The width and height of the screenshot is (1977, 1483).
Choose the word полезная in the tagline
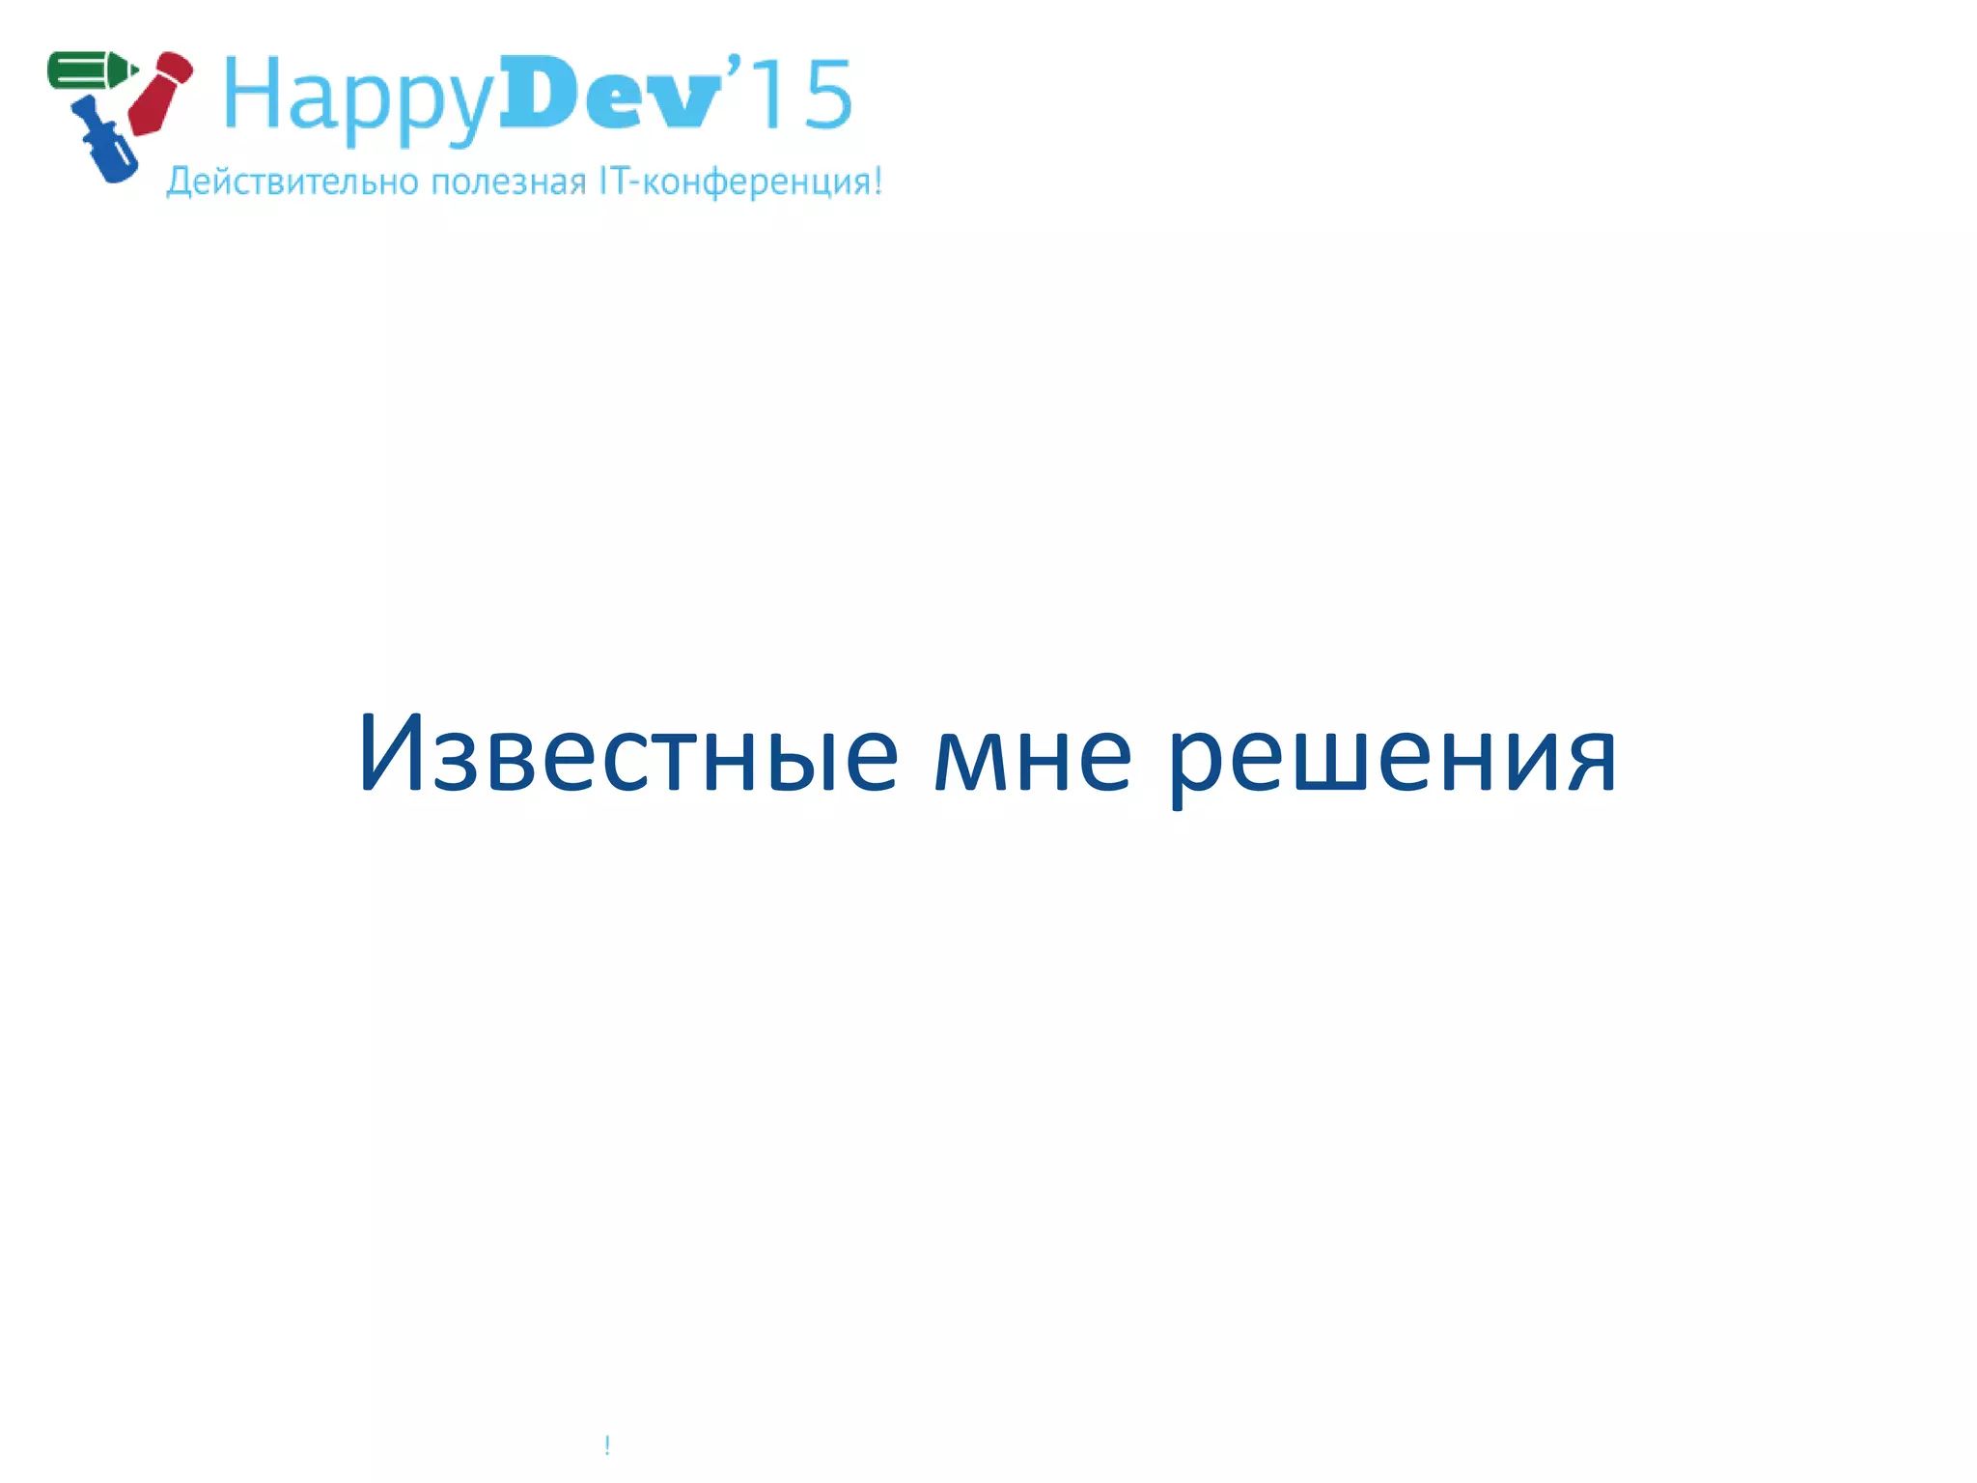(509, 182)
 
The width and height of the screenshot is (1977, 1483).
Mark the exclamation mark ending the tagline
(877, 181)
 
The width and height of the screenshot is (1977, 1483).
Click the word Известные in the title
(627, 754)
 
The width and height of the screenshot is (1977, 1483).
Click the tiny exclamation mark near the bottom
(607, 1444)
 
